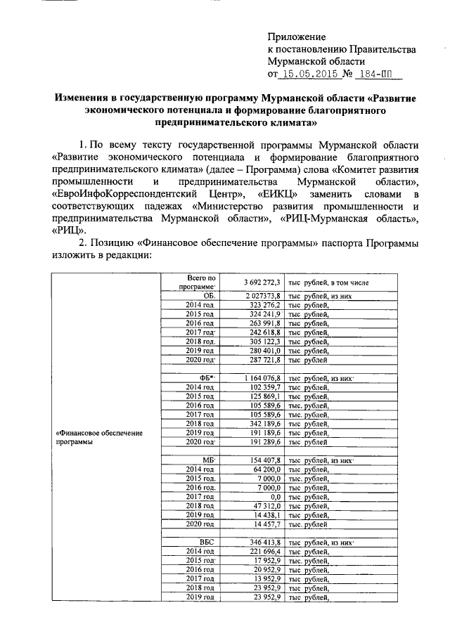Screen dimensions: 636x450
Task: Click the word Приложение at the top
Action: [297, 37]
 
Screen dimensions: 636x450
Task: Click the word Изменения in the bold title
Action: [82, 98]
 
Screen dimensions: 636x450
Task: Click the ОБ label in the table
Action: [208, 296]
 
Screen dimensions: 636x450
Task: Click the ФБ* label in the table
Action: [207, 379]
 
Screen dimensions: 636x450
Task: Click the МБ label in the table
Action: [208, 460]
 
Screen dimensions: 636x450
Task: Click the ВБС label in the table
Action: [207, 543]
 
